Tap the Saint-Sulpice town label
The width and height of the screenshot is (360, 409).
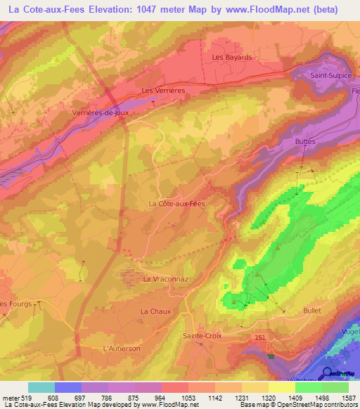(x=333, y=74)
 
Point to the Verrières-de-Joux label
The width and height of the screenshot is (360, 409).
(x=98, y=112)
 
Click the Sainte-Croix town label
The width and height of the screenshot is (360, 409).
(x=202, y=336)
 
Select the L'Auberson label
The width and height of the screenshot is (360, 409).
(x=121, y=348)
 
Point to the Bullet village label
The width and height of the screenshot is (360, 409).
(x=311, y=310)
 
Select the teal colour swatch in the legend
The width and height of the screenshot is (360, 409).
(x=41, y=387)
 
